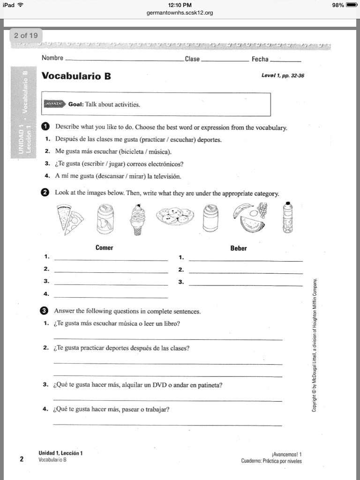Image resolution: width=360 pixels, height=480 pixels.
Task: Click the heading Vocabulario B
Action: click(76, 76)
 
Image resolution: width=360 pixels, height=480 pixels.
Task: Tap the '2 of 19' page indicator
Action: click(26, 36)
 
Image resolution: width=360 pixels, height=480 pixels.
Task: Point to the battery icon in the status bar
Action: click(352, 5)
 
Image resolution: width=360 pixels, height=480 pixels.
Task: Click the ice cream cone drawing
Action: click(138, 219)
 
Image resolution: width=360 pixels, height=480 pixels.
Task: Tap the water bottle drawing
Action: click(287, 217)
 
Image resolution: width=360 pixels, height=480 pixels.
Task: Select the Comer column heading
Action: click(104, 247)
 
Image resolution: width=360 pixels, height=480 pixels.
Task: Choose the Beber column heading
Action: click(238, 248)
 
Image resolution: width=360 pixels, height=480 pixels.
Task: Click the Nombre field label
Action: click(52, 59)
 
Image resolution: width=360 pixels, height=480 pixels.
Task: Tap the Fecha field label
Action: click(260, 59)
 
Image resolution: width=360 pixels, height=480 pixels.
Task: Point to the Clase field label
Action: click(192, 59)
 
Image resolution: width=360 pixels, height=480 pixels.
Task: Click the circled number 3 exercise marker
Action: click(45, 311)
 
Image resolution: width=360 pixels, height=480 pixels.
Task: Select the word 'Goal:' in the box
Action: click(76, 105)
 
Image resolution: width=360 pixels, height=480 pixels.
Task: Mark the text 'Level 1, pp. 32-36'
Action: click(283, 76)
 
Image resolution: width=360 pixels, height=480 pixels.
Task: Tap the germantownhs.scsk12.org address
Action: click(180, 13)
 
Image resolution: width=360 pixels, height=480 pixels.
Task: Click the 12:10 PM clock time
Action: click(180, 5)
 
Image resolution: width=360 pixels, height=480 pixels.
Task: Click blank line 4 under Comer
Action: click(111, 297)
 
